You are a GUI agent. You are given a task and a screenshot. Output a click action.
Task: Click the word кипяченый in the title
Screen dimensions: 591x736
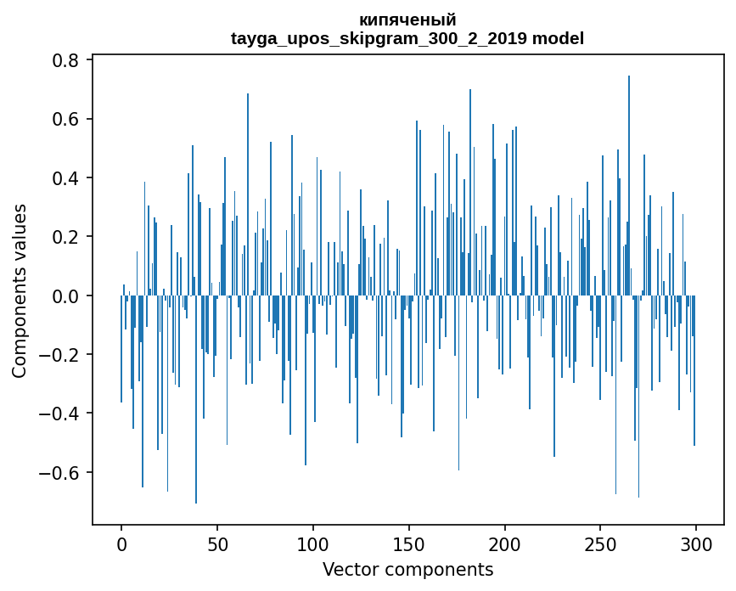[x=407, y=20]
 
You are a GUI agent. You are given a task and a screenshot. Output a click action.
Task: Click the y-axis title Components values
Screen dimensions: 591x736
[x=20, y=290]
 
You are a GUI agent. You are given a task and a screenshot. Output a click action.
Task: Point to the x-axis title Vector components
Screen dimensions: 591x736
[x=407, y=569]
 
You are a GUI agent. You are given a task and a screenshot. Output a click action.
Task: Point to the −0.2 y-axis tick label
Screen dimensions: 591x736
[x=61, y=355]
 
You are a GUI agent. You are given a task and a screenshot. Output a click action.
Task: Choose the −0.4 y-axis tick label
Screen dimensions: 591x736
[x=61, y=414]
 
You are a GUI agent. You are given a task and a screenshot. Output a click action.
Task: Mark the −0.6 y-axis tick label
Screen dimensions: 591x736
[x=61, y=472]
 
